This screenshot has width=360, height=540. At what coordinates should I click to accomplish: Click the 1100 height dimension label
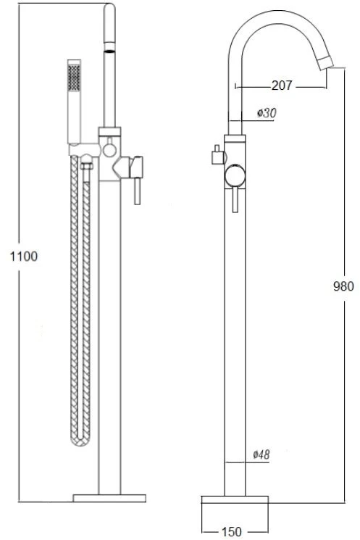(x=24, y=256)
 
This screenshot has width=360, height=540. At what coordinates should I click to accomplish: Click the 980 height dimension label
(x=343, y=286)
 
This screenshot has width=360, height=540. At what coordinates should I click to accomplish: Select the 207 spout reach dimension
(x=282, y=86)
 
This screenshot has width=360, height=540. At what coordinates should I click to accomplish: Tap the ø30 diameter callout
(x=267, y=112)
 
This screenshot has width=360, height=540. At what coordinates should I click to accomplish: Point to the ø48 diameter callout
(x=261, y=454)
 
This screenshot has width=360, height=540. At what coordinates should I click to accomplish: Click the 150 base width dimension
(x=231, y=531)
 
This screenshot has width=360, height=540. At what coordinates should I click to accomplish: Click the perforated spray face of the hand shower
(x=74, y=78)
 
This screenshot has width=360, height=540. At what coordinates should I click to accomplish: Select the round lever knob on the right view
(x=235, y=176)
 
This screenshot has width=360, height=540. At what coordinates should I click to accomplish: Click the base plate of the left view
(x=109, y=498)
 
